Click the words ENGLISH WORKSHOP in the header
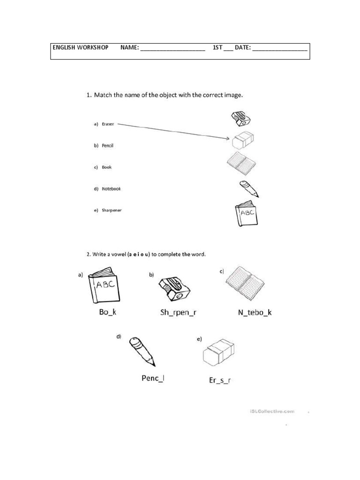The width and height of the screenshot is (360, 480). click(x=81, y=48)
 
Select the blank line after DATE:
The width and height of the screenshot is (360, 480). click(x=280, y=49)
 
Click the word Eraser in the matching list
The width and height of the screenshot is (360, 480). click(x=108, y=124)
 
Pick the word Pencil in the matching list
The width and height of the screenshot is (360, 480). click(x=108, y=146)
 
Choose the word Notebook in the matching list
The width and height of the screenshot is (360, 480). click(x=111, y=189)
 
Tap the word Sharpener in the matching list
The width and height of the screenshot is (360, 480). click(x=112, y=210)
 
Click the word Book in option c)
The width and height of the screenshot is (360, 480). click(x=107, y=167)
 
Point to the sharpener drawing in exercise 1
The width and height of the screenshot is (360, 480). click(x=242, y=119)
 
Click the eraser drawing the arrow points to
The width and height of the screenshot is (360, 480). click(x=243, y=139)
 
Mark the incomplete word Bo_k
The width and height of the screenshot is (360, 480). click(x=108, y=312)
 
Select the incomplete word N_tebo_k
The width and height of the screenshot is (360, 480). click(x=252, y=312)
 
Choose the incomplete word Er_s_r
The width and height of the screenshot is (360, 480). click(x=219, y=380)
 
